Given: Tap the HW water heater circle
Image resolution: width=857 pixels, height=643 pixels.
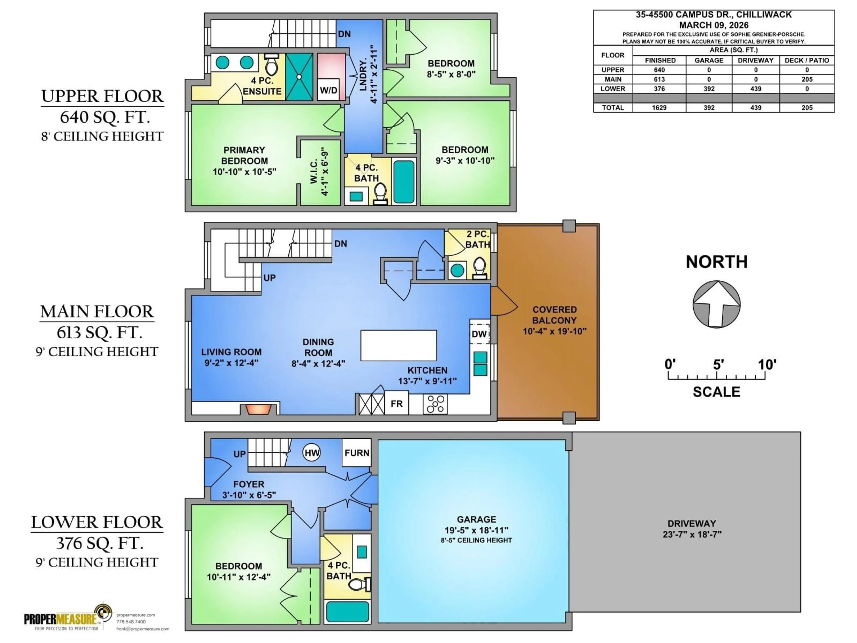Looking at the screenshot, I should point(312,453).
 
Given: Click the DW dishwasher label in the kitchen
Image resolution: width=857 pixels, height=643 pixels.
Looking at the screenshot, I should point(479,334).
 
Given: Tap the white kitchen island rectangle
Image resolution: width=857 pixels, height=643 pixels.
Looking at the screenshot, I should point(398,345).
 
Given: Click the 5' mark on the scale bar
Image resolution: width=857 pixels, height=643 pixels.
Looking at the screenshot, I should point(717,375).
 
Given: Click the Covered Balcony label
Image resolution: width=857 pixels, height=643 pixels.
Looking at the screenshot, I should point(554,320).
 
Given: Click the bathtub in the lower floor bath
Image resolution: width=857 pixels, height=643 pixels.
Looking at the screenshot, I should point(347,612).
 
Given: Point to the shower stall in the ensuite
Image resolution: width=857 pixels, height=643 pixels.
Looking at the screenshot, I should point(299,77).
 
